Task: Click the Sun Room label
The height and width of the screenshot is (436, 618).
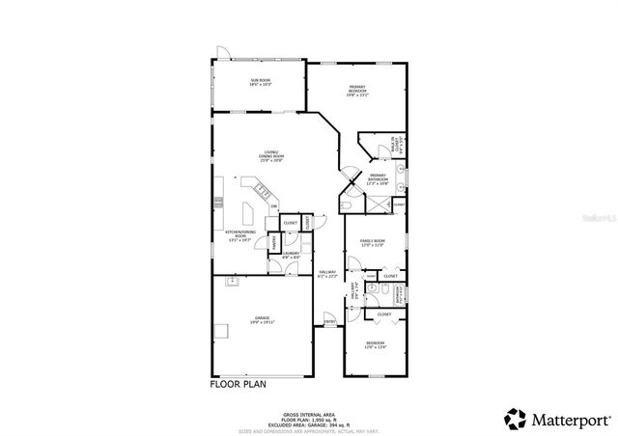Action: [x=261, y=83]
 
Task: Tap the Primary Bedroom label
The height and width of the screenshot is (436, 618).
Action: [x=357, y=90]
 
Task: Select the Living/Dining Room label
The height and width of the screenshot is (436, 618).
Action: [x=273, y=155]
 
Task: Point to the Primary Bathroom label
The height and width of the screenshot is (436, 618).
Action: [x=379, y=178]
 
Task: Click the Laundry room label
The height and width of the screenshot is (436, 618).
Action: [x=291, y=256]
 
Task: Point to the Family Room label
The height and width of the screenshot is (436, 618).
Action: [x=373, y=242]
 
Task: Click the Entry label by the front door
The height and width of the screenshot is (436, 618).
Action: [x=329, y=321]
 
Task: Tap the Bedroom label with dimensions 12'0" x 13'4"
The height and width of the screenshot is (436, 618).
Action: [x=376, y=345]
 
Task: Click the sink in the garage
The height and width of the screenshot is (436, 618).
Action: [x=231, y=282]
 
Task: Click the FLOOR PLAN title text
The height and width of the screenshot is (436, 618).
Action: [x=238, y=384]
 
